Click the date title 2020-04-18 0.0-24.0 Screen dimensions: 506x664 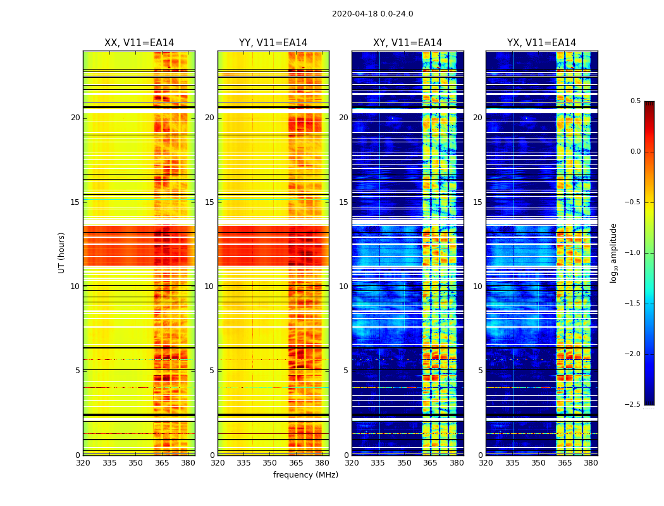(372, 14)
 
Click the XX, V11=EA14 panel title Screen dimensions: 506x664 (139, 43)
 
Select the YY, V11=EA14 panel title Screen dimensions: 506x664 (273, 43)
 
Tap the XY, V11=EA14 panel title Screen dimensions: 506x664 (407, 43)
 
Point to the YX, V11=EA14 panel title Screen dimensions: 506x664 (541, 43)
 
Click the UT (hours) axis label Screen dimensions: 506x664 (61, 252)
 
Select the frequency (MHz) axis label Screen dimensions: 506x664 (305, 475)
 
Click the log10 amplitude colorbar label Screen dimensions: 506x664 (613, 252)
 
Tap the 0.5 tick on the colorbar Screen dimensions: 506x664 (635, 101)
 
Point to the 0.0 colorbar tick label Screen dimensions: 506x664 (635, 152)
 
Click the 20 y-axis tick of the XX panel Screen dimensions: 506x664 (75, 118)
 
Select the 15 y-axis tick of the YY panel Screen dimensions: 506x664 (209, 202)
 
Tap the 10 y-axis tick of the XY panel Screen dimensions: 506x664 (343, 287)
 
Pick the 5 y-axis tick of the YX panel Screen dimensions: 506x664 (480, 371)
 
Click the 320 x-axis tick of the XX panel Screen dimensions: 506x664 (83, 463)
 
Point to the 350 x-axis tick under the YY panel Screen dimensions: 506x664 (270, 463)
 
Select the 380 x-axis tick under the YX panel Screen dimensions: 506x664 (591, 463)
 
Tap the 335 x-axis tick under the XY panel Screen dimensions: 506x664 (378, 463)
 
